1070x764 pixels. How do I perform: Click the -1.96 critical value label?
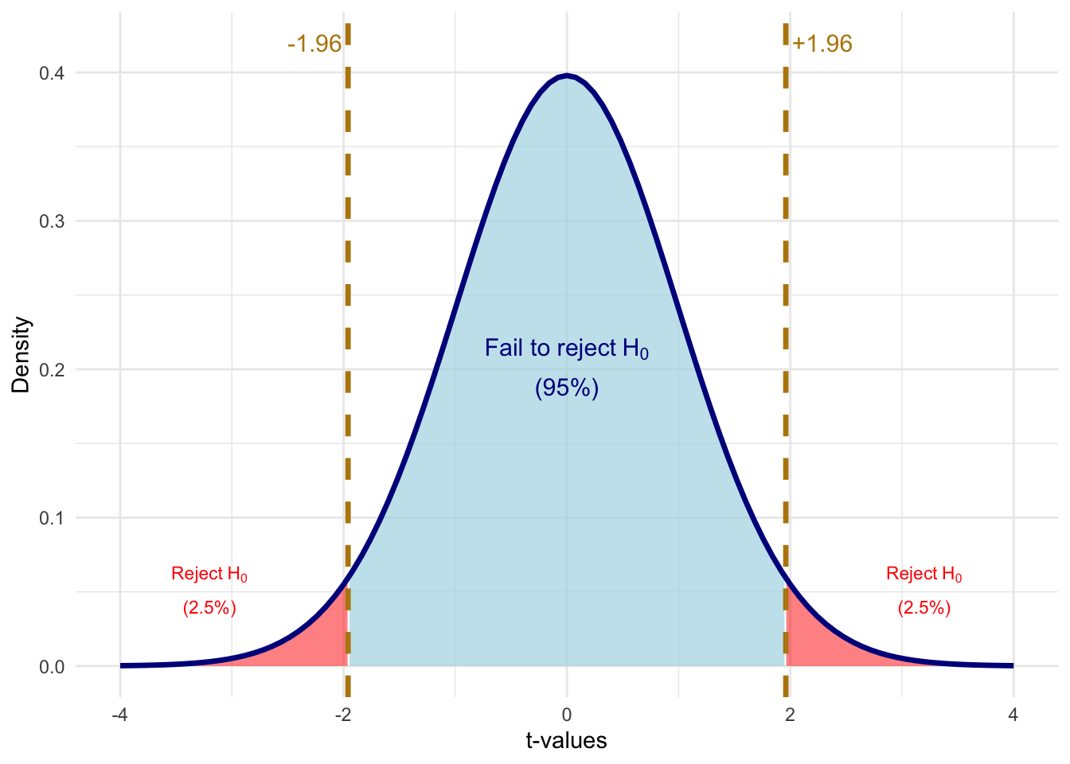314,44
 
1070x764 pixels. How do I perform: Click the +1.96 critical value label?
822,44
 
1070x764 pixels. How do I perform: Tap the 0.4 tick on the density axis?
52,73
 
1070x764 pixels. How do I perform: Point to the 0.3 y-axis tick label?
52,221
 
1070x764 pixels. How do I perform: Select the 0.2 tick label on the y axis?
52,369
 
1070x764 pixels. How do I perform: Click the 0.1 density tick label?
52,518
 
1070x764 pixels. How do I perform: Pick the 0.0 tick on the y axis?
52,667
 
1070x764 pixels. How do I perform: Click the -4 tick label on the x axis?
119,715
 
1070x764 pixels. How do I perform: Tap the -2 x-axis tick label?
343,715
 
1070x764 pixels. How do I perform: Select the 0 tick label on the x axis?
567,715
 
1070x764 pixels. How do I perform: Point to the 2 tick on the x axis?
790,715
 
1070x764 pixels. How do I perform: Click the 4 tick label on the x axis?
1013,715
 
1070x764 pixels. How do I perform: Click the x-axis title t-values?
566,741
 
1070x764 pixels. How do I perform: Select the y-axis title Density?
21,355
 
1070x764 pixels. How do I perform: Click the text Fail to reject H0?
566,349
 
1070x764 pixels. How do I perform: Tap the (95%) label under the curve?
566,388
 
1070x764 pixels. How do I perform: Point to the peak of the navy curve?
567,76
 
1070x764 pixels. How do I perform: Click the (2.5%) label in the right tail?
924,608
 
